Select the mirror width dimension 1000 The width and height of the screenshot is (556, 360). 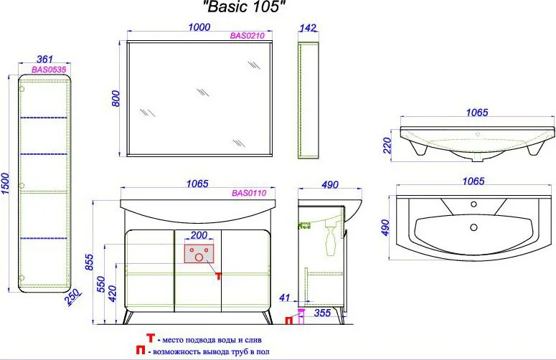[199, 27]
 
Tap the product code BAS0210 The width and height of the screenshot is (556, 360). [247, 35]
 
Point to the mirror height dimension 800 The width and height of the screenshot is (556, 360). [116, 98]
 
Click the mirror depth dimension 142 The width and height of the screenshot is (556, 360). [308, 28]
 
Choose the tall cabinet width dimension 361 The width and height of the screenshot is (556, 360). [44, 60]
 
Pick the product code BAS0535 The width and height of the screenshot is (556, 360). [49, 70]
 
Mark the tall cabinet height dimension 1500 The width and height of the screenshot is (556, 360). [6, 184]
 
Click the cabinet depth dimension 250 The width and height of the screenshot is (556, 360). [73, 298]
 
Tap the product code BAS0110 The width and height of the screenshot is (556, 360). [249, 193]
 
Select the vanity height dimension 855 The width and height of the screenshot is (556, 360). [90, 262]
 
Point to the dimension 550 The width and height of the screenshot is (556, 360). [100, 284]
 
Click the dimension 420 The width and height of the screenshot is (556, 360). [112, 294]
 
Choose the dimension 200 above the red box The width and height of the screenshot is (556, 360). [199, 235]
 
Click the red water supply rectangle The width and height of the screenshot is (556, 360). [199, 254]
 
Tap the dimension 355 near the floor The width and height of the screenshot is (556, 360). [322, 313]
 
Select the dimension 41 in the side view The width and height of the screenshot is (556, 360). [285, 298]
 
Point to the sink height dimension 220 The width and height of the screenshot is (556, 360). [387, 146]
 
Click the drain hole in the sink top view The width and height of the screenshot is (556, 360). [473, 227]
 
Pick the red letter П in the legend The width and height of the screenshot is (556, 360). [141, 351]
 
